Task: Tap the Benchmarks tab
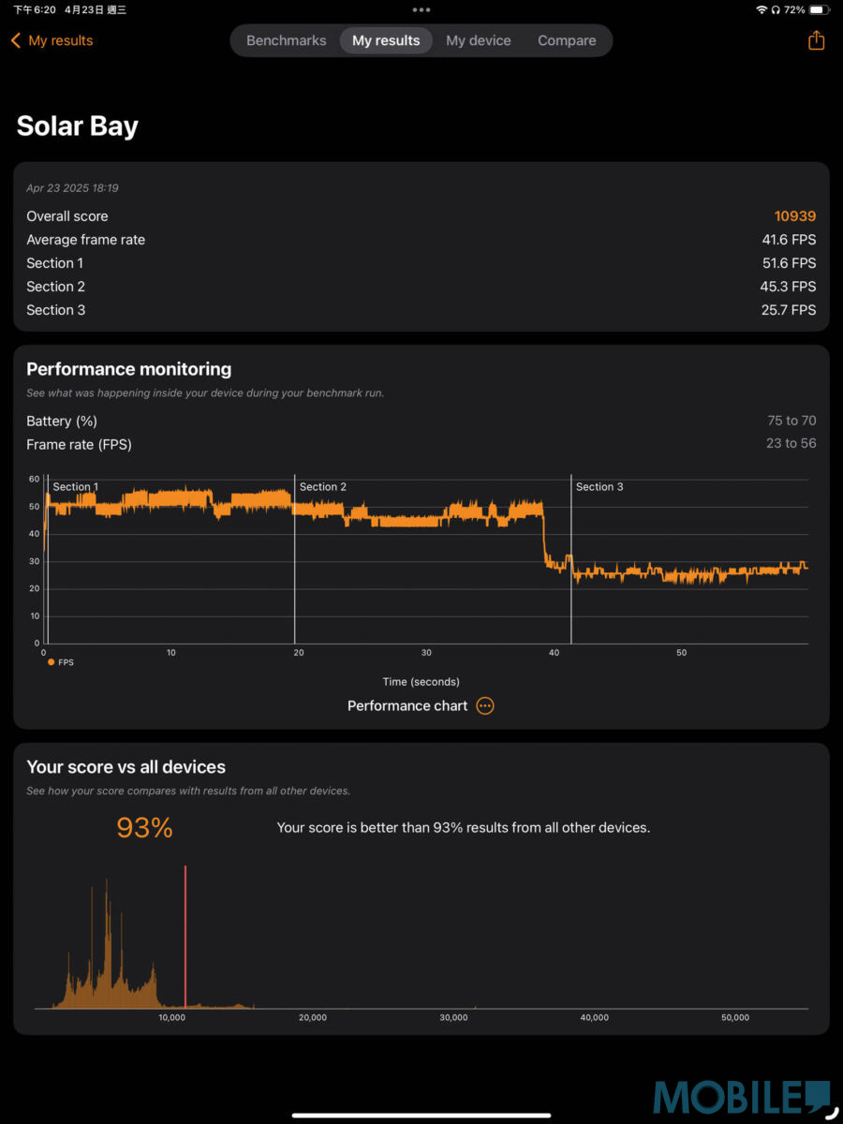(x=286, y=40)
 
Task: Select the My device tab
(x=478, y=40)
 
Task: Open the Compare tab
(x=567, y=40)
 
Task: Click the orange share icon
(x=816, y=40)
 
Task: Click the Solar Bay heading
(x=78, y=126)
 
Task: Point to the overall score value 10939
(x=794, y=216)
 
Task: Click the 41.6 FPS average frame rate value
(x=789, y=240)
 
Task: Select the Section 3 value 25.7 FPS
(x=789, y=310)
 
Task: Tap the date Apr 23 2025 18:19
(x=72, y=188)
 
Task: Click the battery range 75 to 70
(x=791, y=421)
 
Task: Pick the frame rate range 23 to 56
(x=791, y=443)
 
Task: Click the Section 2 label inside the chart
(x=323, y=487)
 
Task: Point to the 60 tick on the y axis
(x=35, y=479)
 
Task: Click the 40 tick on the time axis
(x=554, y=653)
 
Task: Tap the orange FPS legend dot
(x=51, y=662)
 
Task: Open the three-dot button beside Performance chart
(x=485, y=706)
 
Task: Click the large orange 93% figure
(x=144, y=828)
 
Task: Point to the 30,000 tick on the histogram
(x=453, y=1018)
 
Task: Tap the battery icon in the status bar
(x=819, y=9)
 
